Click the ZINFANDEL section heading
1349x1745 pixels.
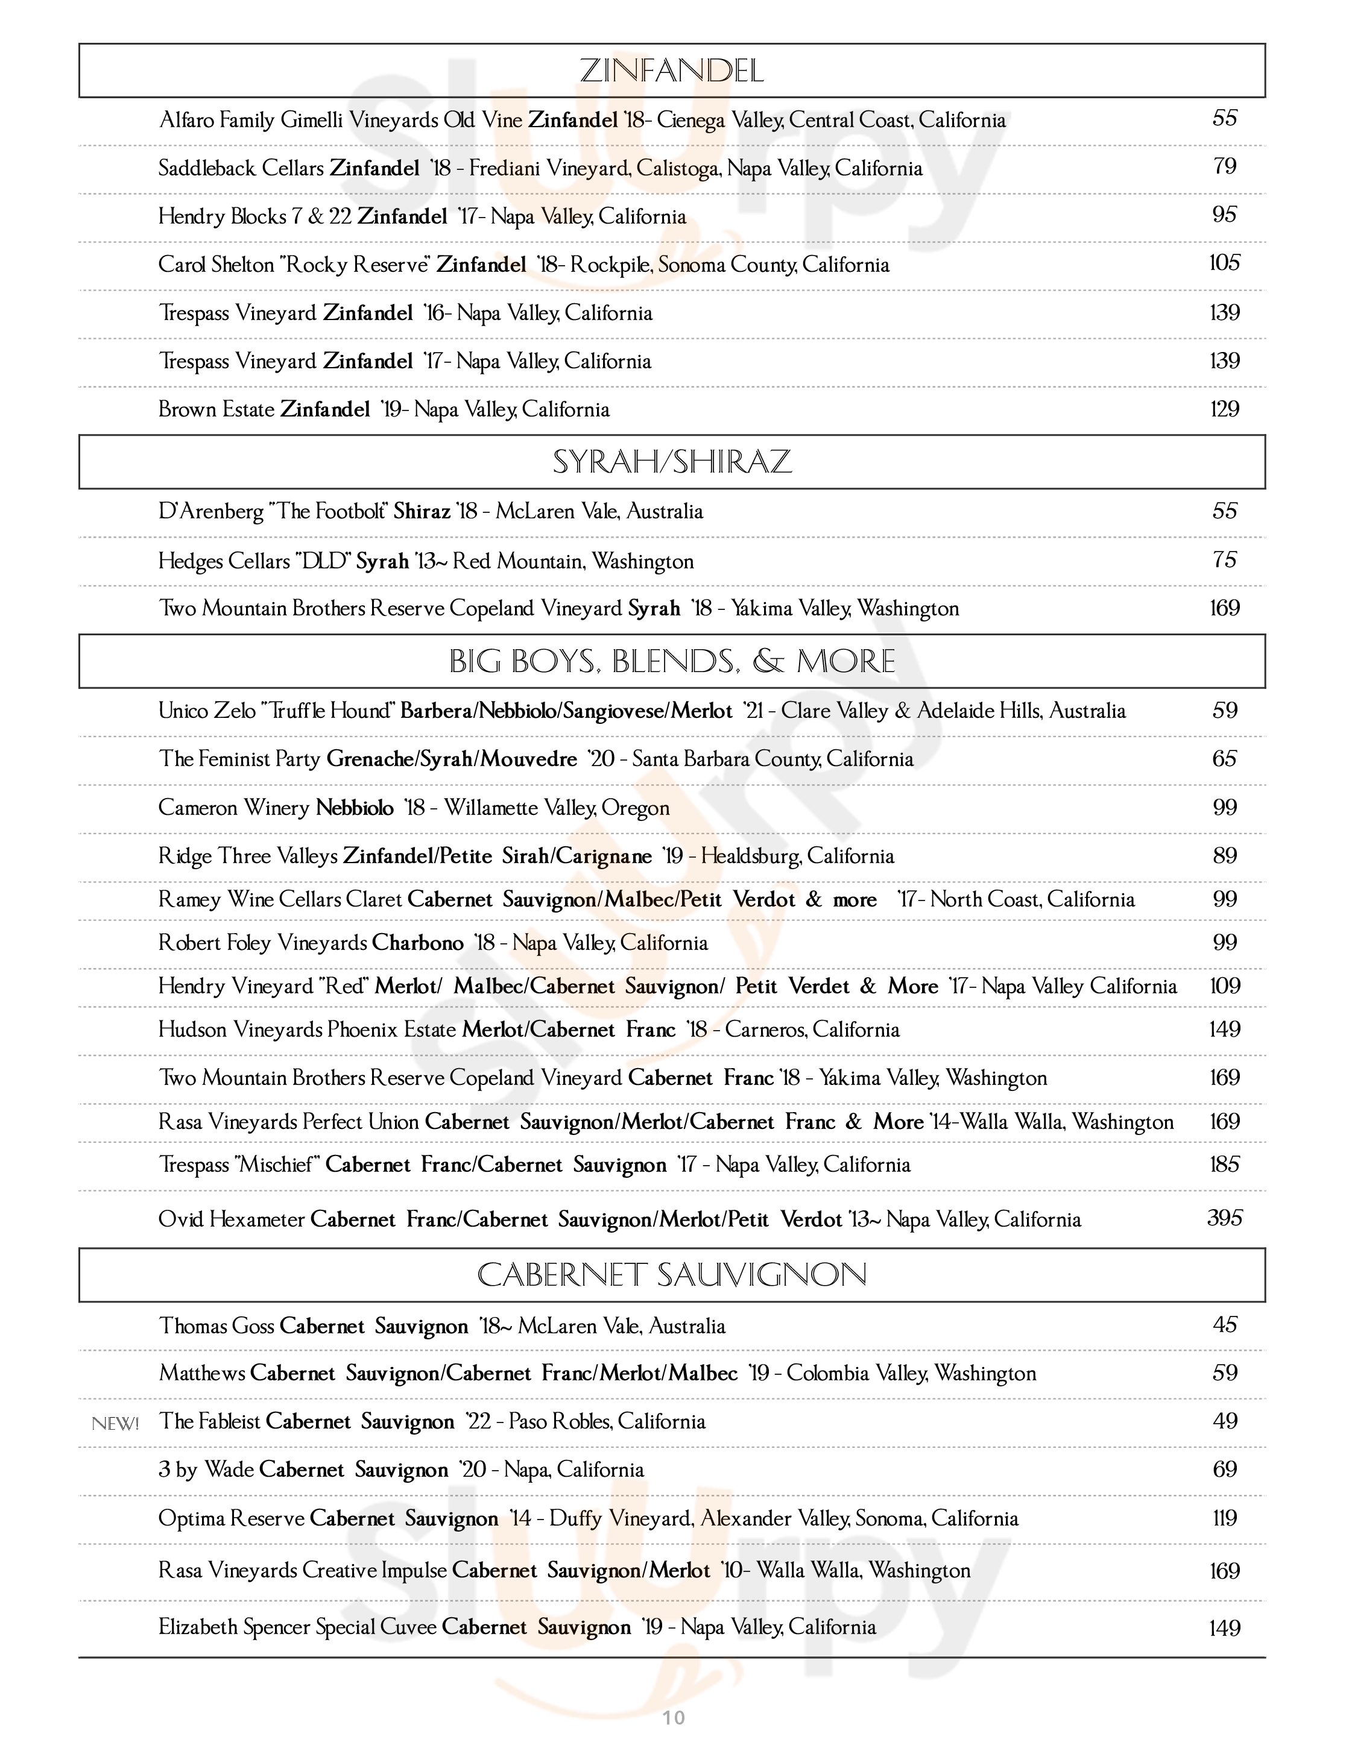coord(671,71)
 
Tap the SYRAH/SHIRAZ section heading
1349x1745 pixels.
coord(671,462)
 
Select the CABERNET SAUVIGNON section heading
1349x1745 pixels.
coord(671,1274)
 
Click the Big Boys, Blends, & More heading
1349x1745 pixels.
coord(671,662)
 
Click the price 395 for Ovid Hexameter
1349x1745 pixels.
coord(1224,1218)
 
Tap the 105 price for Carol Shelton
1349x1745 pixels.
coord(1224,263)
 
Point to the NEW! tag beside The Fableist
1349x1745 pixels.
coord(116,1423)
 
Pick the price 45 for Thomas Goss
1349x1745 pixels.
coord(1224,1325)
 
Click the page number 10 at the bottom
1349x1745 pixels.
coord(674,1717)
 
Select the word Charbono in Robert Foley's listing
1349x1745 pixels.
coord(417,943)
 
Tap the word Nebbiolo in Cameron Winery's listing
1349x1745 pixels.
coord(355,808)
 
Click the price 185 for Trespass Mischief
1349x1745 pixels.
coord(1224,1164)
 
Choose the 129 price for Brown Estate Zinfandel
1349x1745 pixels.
coord(1224,409)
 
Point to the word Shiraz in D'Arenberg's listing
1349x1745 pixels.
coord(422,511)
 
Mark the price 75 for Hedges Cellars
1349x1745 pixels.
coord(1224,560)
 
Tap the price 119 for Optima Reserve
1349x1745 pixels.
coord(1224,1518)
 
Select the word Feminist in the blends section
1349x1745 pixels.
coord(233,759)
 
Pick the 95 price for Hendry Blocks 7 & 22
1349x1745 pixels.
coord(1224,215)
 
